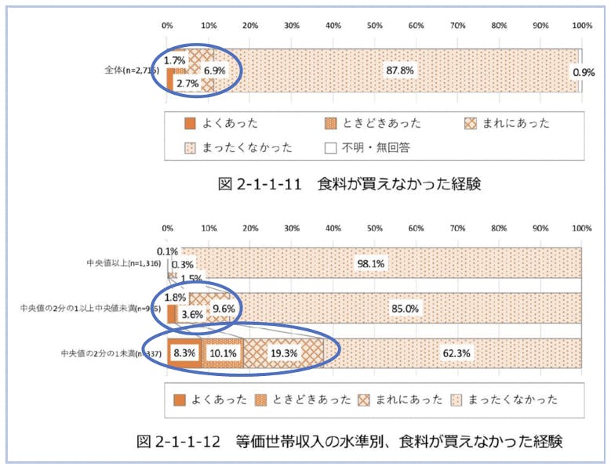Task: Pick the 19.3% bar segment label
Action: (282, 353)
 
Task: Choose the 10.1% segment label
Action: (223, 353)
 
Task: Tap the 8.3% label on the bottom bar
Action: (184, 353)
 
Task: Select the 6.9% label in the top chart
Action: (214, 70)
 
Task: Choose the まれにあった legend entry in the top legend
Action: (507, 123)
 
